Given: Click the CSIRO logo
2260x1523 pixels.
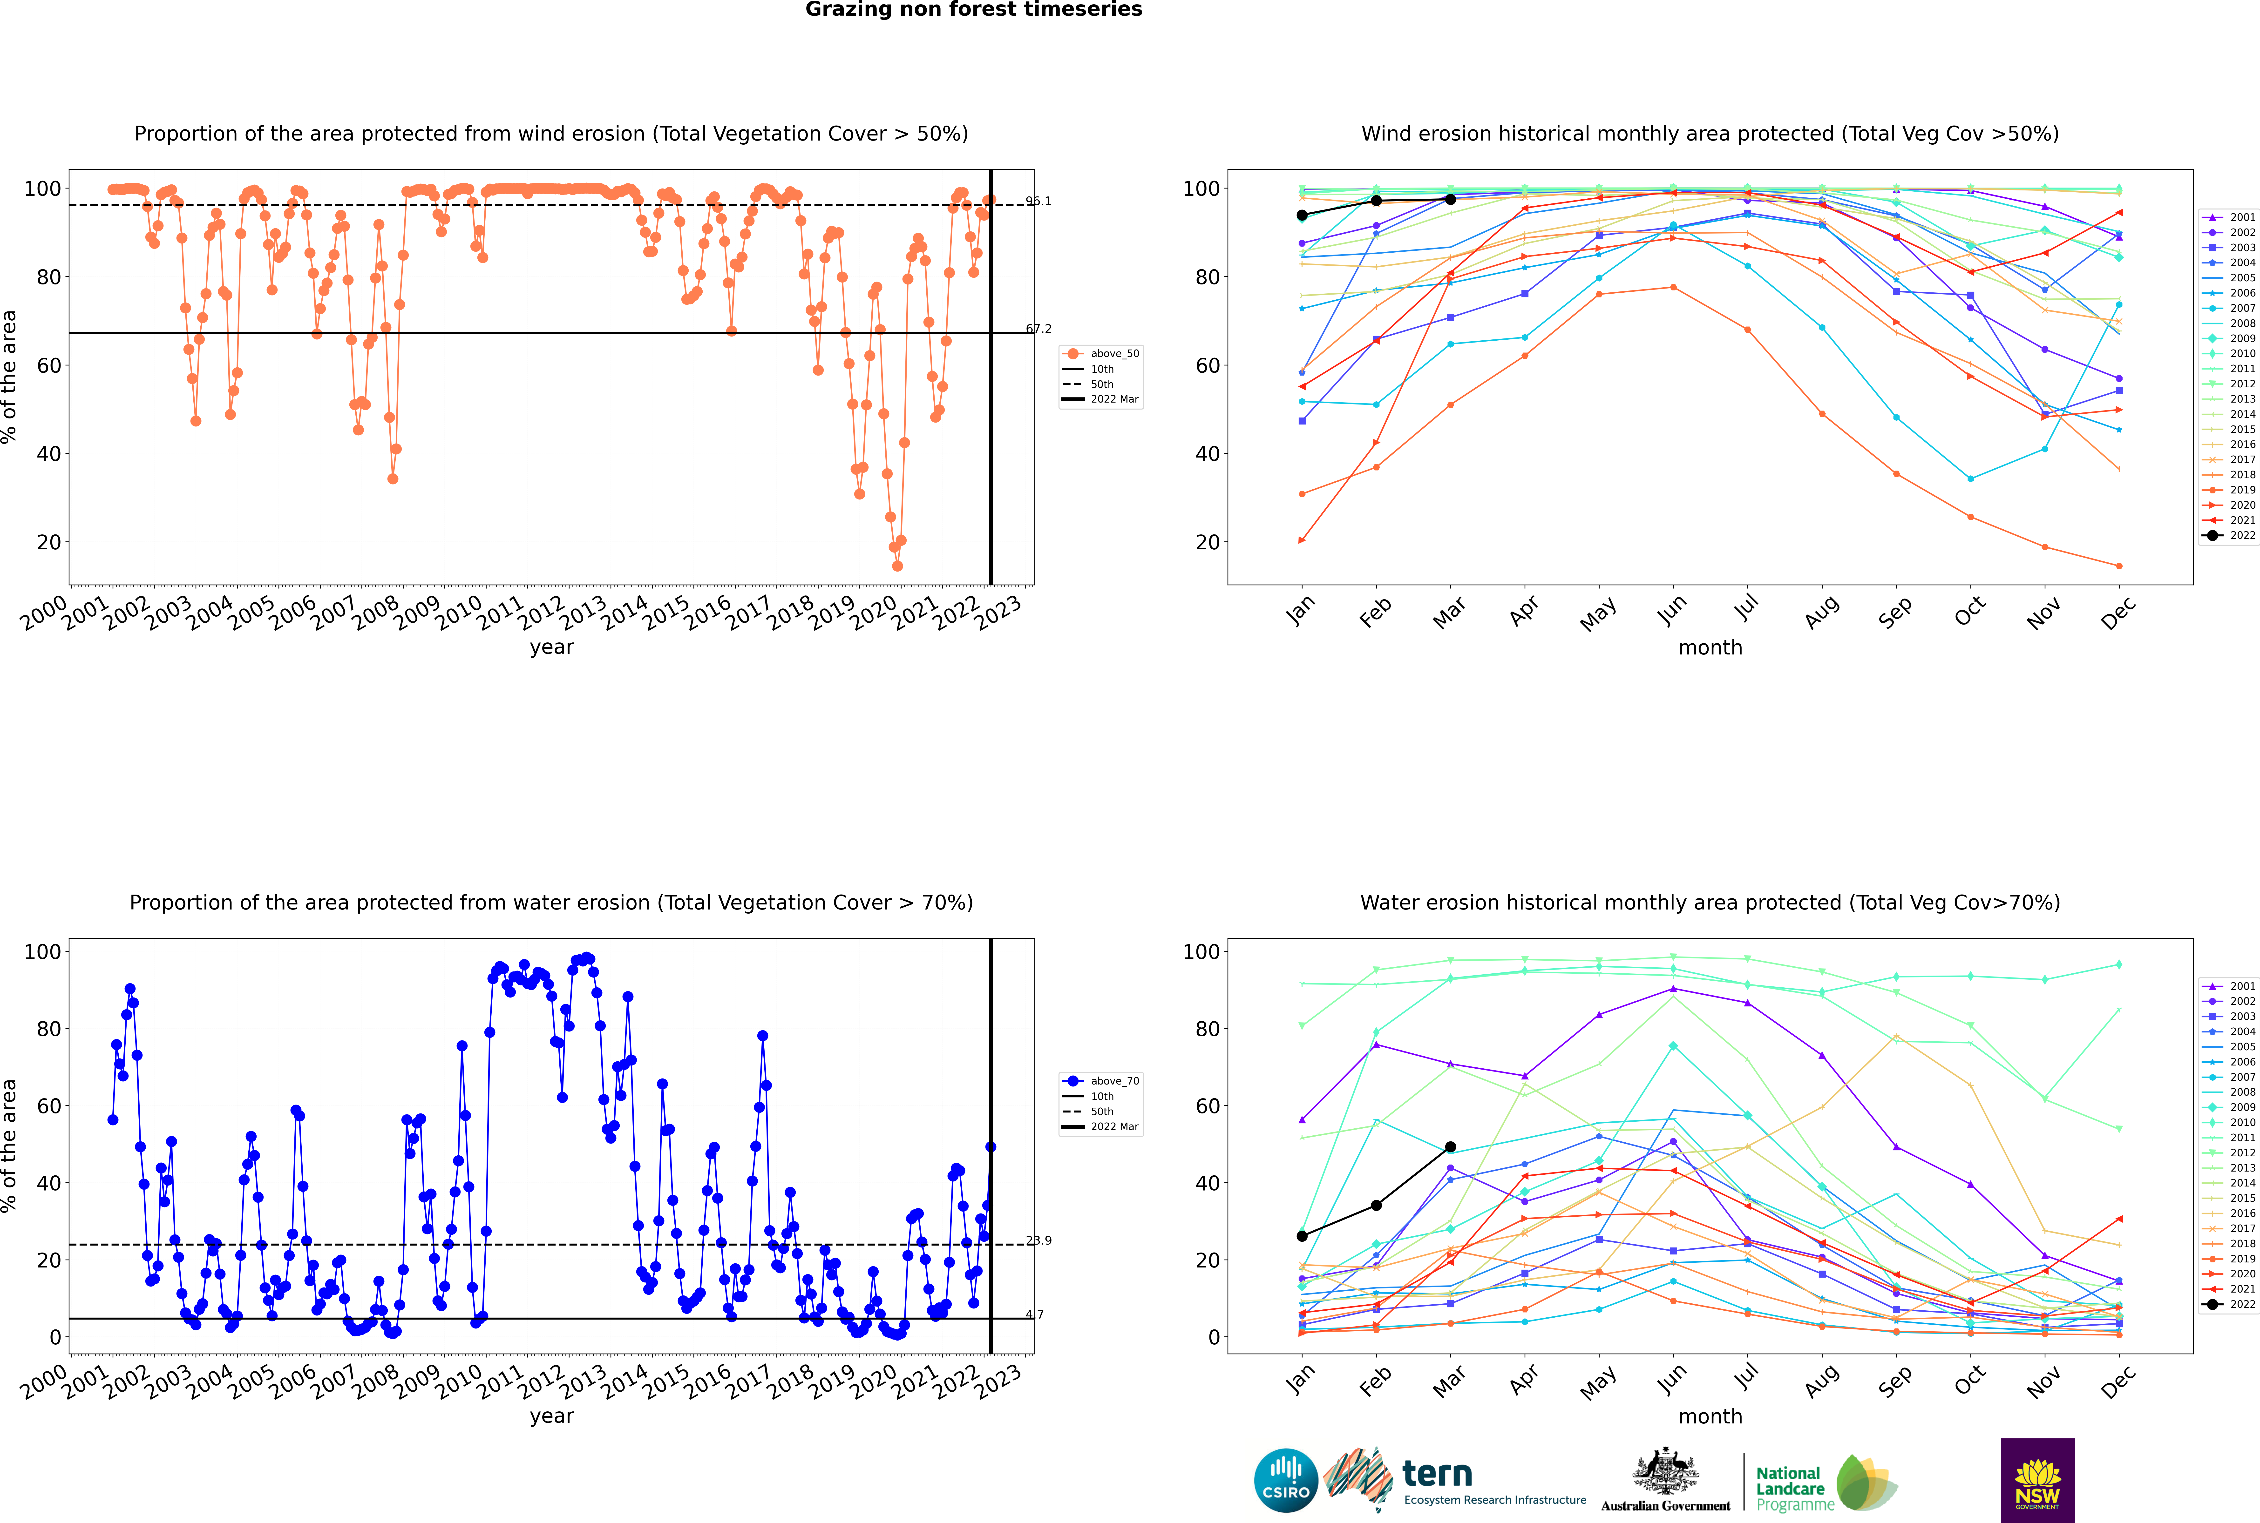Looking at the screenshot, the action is [1285, 1480].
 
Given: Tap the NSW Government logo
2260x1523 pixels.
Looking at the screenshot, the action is [2037, 1480].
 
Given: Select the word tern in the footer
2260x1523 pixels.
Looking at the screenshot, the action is [1437, 1475].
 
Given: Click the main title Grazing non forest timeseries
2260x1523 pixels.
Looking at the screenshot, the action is [974, 10].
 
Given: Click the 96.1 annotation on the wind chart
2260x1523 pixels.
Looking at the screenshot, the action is [1039, 201].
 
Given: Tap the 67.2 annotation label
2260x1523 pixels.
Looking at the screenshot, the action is [1039, 329].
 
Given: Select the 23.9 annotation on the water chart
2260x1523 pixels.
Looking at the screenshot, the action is [1039, 1240].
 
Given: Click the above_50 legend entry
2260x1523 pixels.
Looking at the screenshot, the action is [1101, 354].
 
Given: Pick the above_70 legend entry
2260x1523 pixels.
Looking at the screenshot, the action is [1101, 1081].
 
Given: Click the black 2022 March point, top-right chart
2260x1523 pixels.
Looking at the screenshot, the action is [1450, 199].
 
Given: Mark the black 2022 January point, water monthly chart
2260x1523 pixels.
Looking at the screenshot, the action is [1302, 1235].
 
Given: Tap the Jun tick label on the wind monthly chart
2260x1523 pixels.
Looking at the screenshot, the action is [1672, 609].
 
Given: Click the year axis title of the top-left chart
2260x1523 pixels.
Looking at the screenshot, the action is [552, 647].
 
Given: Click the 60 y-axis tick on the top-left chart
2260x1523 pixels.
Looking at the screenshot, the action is [48, 365].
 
